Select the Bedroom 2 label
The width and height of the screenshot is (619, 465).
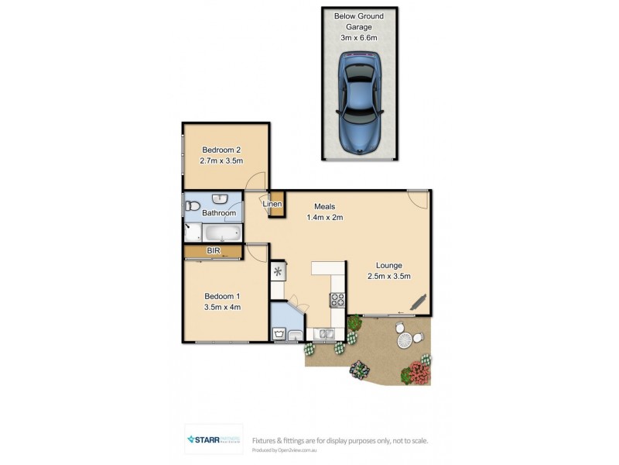222,150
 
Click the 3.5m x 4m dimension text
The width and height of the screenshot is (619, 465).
222,307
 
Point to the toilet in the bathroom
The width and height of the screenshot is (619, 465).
191,206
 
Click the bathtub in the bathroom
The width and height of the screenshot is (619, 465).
222,234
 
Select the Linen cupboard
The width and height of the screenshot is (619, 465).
272,205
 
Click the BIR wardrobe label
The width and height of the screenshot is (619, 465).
213,251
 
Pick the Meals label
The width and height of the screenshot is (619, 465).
324,206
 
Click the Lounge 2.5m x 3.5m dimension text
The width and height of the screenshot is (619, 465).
388,277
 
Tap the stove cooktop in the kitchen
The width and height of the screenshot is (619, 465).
337,299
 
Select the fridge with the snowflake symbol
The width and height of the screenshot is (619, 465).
278,272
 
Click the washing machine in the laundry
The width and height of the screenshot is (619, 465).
280,335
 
